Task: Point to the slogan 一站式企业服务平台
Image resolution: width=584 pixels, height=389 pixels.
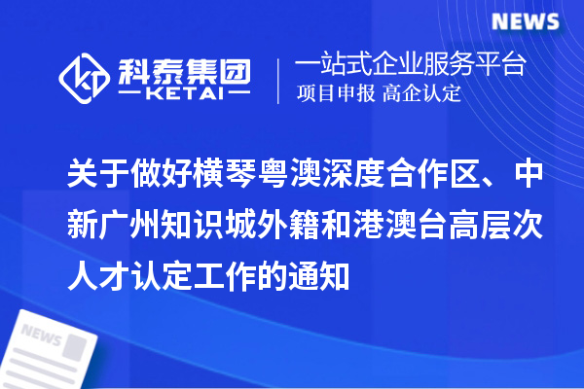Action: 410,65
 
